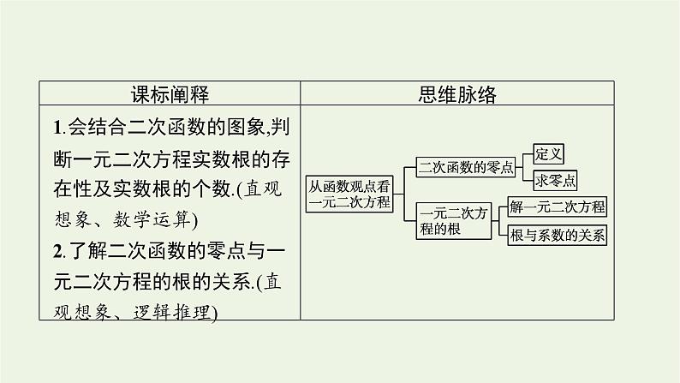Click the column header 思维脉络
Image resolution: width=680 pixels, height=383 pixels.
459,93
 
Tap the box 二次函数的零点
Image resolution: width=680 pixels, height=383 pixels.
465,167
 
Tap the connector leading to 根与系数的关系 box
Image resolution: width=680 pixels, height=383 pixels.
501,229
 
